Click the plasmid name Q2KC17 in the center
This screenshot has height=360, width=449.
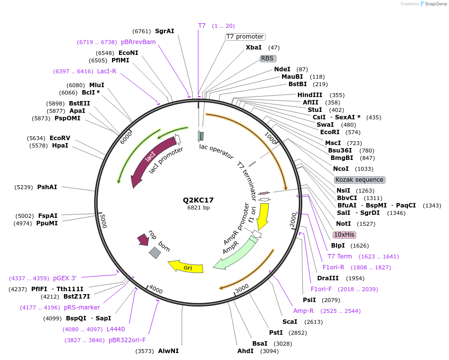click(198, 200)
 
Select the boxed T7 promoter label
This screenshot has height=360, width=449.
click(245, 37)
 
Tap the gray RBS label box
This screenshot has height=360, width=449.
click(268, 58)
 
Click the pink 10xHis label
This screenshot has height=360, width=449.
click(344, 235)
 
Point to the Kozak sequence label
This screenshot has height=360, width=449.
click(359, 180)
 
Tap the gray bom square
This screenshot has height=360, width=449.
click(155, 253)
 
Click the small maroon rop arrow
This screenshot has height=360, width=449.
click(143, 240)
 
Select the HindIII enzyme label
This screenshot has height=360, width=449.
click(310, 95)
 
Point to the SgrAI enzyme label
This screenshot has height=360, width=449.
click(165, 31)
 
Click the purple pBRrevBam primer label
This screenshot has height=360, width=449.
click(138, 42)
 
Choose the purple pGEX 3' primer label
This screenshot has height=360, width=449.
click(65, 278)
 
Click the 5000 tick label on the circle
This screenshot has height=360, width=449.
click(103, 221)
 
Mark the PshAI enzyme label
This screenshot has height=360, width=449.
click(47, 187)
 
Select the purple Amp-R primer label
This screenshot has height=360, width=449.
click(303, 311)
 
